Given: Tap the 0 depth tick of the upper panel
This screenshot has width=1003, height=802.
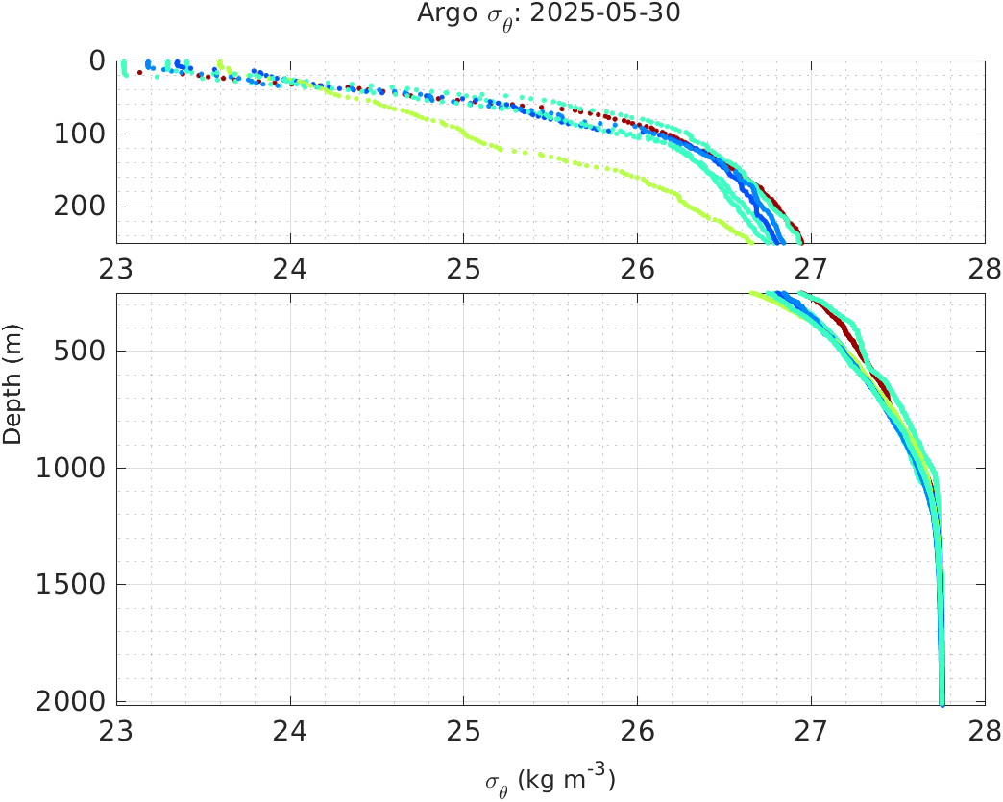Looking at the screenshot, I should click(97, 61).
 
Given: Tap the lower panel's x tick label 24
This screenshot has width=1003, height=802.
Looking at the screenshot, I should click(290, 730).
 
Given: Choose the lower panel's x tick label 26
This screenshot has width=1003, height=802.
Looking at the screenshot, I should click(637, 730).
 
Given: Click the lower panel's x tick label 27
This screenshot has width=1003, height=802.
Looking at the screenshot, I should click(811, 730).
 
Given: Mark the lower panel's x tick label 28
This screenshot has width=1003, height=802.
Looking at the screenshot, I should click(984, 730).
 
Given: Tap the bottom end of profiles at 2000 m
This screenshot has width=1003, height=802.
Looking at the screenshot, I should click(942, 702).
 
